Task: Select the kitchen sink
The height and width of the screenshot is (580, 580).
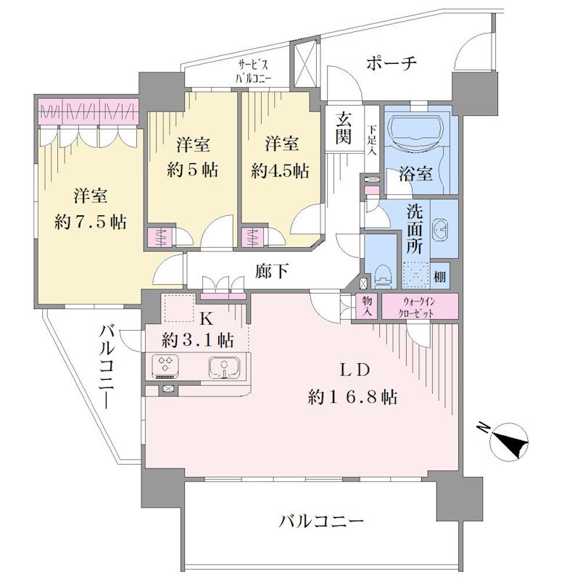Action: coord(224,368)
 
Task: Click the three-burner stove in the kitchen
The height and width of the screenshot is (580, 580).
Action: coord(165,366)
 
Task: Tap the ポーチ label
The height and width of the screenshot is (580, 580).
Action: coord(391,64)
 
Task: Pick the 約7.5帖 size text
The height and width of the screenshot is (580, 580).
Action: coord(90,223)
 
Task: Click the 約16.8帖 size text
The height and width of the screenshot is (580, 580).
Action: coord(353,397)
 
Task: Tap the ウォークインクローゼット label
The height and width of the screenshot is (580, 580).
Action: coord(419,307)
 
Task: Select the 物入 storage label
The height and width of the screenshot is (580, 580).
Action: coord(368,307)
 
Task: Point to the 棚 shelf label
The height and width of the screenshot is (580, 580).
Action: coord(439,277)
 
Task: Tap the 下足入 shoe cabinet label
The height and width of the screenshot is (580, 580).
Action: coord(372,141)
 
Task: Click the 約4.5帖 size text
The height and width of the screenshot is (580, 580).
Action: coord(280,171)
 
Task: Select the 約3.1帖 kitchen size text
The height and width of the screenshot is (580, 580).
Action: coord(198,339)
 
